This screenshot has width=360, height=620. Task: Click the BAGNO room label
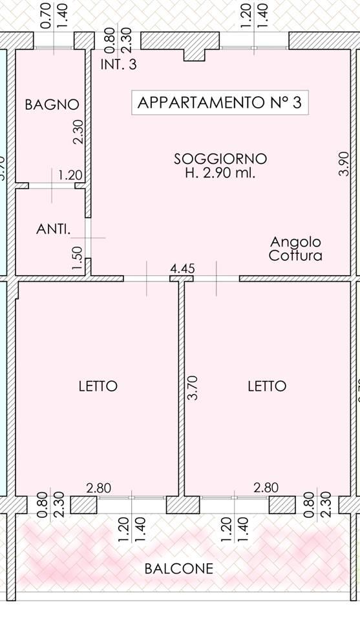point(52,105)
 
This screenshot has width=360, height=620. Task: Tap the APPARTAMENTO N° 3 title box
point(220,103)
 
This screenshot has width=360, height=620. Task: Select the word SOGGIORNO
point(220,159)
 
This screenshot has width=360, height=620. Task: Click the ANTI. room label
point(53,229)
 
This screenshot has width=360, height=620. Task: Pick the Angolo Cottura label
point(296,249)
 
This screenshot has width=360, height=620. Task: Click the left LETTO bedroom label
point(98,386)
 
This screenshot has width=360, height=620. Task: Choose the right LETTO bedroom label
point(267,386)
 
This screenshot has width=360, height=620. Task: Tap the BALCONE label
point(179,569)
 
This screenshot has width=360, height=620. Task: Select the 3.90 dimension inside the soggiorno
point(344,164)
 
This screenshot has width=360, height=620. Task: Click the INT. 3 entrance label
point(119,65)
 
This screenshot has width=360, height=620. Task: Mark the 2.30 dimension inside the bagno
point(78,134)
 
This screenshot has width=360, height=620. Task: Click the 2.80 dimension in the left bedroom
point(98,488)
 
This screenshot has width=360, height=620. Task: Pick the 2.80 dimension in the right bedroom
point(266,488)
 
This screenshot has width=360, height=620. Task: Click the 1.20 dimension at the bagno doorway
point(70,175)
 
